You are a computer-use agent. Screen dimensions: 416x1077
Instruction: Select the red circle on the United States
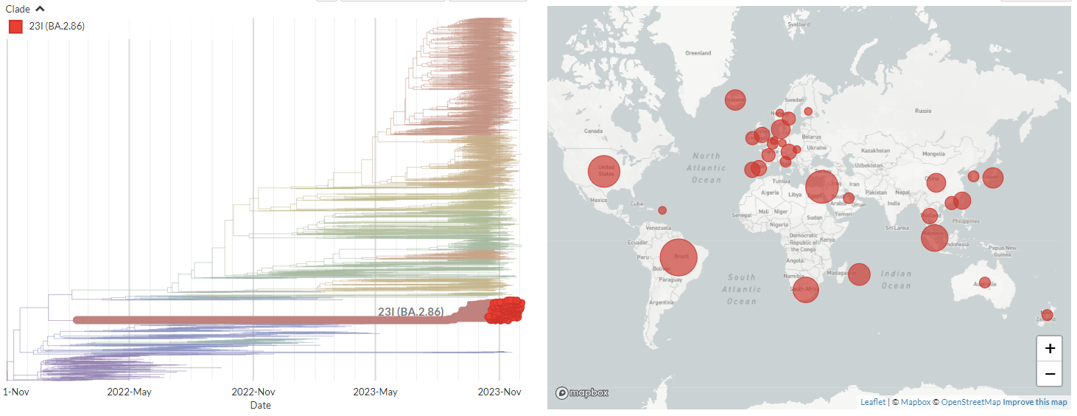coord(604,171)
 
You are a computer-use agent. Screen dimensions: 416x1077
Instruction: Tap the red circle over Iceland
coord(734,99)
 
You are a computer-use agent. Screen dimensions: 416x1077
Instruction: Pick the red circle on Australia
coord(985,282)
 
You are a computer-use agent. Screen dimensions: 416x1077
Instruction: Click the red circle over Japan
coord(993,178)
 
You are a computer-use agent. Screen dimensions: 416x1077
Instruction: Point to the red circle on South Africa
coord(806,289)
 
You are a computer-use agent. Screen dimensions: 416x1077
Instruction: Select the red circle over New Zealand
coord(1047,315)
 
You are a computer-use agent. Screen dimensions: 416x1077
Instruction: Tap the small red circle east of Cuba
coord(662,210)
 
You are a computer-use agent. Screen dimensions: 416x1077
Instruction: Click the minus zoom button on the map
coord(1050,374)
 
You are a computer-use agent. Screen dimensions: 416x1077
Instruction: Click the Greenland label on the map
coord(698,53)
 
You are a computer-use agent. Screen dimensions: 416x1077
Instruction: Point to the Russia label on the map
coord(922,111)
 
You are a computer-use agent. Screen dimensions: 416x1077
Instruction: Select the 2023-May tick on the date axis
coord(376,392)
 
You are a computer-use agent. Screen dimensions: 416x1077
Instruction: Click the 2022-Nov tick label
coord(253,392)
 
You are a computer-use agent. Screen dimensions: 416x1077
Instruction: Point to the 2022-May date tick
coord(130,392)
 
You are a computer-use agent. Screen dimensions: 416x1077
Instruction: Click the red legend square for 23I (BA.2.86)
coord(15,27)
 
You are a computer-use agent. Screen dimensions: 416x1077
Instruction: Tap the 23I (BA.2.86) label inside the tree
coord(410,312)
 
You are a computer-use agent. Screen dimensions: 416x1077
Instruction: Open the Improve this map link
coord(1035,402)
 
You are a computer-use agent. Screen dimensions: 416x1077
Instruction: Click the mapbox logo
coord(582,393)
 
